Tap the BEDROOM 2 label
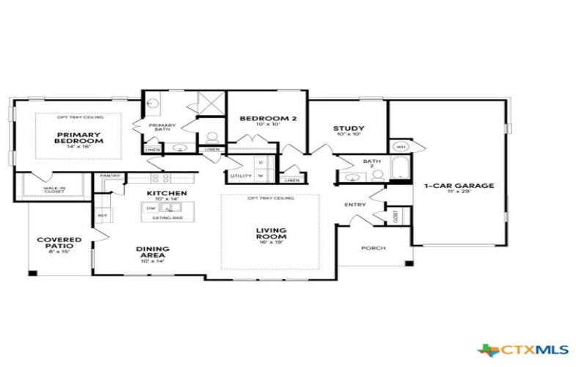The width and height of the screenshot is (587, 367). pos(258,118)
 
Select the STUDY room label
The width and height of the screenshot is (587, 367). pos(349,128)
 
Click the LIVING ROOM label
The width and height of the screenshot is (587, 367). pos(271,234)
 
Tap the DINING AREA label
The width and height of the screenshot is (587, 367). pos(153,252)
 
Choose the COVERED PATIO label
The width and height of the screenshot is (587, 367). pos(59,244)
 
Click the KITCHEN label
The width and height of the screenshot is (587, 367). pos(167,193)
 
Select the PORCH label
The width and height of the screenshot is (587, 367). pos(373,248)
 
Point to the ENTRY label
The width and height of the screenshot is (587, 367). pos(354,204)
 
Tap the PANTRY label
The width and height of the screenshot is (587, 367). pos(110,176)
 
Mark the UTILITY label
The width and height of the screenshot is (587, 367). pos(241,176)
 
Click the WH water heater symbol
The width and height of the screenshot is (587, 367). pos(401,147)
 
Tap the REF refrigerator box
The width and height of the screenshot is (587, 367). pos(103,215)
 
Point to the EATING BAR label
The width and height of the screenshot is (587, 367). pos(163,218)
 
